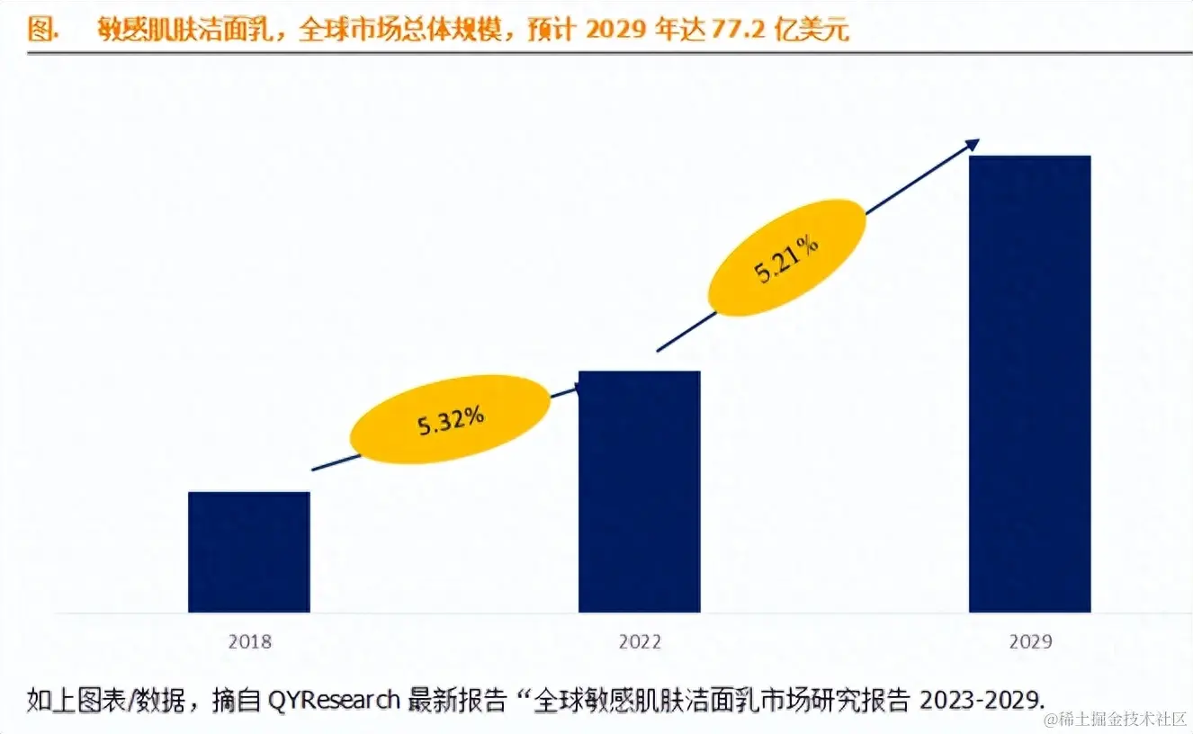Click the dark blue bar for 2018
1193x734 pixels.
249,551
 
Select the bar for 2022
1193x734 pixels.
639,491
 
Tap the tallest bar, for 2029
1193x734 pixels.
1029,384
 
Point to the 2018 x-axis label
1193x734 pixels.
249,642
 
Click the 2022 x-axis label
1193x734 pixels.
640,642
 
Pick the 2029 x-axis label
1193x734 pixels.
1030,642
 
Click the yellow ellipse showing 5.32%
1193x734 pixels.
450,419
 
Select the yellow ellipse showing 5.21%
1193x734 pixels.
787,257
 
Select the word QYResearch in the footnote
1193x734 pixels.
334,699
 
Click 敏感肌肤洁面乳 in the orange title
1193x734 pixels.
186,30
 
